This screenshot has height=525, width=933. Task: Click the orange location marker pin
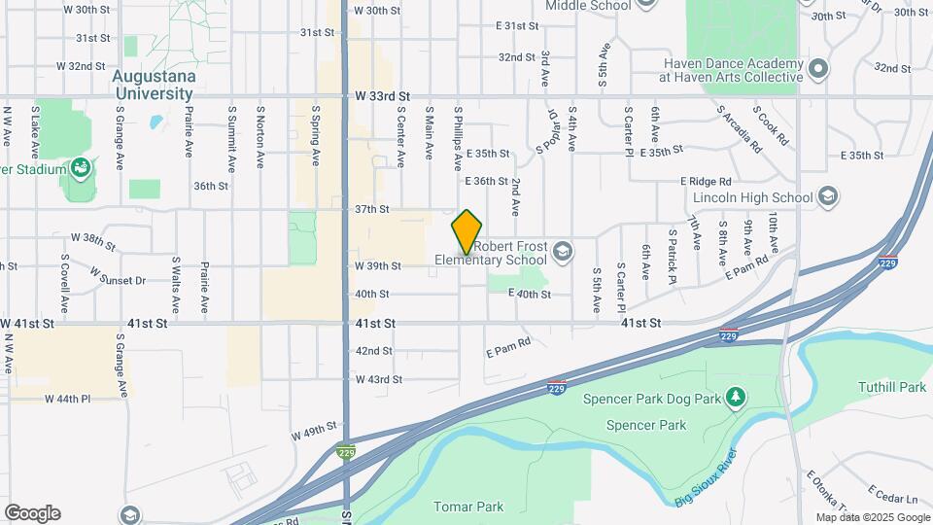point(467,231)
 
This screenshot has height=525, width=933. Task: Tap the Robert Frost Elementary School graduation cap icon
point(562,253)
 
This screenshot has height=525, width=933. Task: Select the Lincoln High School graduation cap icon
point(828,197)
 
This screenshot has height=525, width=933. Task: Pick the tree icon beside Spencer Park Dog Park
point(737,398)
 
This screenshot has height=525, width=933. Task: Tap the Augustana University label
point(154,85)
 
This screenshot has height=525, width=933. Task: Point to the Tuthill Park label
point(892,387)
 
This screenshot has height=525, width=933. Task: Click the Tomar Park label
point(469,507)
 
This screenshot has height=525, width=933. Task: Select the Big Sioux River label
point(706,487)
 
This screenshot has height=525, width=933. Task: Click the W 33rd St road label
point(384,97)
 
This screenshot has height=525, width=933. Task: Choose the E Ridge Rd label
point(706,182)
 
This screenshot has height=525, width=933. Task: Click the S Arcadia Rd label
point(740,129)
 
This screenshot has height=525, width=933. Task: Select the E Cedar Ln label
point(886,493)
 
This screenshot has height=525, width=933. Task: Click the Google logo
point(32,513)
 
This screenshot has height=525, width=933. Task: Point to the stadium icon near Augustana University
point(81,168)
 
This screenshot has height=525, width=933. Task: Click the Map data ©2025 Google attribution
point(872,517)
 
